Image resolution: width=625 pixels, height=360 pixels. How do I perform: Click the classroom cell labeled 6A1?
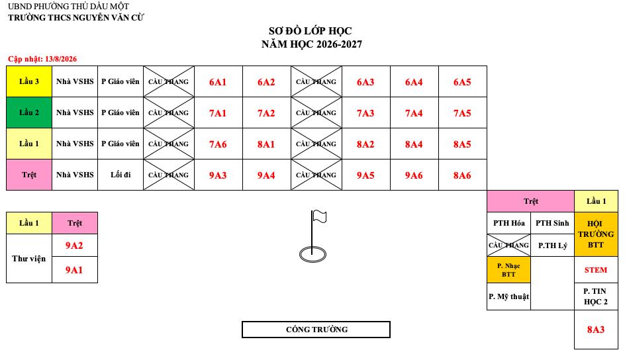(x=218, y=81)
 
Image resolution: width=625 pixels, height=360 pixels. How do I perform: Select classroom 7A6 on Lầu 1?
(x=218, y=144)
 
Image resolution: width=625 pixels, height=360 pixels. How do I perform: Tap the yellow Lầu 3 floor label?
(x=29, y=81)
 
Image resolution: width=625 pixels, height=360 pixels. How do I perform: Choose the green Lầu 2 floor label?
(x=29, y=112)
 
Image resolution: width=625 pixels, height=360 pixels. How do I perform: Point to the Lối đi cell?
(x=120, y=175)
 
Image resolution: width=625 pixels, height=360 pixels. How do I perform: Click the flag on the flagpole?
(x=319, y=216)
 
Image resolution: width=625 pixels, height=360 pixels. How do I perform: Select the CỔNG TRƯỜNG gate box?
(x=316, y=330)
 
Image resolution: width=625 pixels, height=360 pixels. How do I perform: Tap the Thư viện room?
(x=29, y=259)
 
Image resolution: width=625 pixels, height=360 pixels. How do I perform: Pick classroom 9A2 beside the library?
(x=75, y=246)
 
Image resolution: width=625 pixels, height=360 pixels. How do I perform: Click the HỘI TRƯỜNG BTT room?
(x=596, y=234)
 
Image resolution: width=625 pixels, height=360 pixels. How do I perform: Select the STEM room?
(x=596, y=270)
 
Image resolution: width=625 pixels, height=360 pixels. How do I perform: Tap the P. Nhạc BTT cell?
(x=508, y=270)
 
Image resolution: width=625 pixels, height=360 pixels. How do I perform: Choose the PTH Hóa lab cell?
(x=508, y=223)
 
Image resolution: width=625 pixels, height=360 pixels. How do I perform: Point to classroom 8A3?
(x=596, y=330)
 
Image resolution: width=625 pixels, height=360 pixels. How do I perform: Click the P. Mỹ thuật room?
(x=508, y=296)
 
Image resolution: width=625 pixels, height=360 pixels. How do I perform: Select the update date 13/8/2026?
(x=61, y=59)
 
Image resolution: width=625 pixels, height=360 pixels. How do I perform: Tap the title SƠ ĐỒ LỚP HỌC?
(x=311, y=30)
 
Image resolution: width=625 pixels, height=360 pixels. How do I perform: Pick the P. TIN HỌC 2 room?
(x=596, y=296)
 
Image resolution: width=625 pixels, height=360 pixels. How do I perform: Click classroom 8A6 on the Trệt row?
(x=462, y=175)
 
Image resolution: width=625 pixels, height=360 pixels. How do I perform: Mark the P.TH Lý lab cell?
(x=552, y=246)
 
